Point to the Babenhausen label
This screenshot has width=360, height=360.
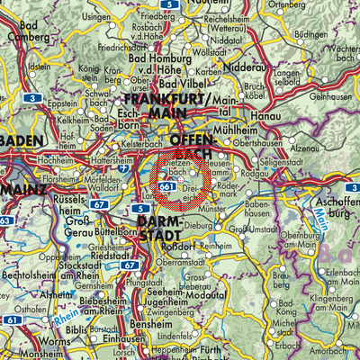[265, 213]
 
